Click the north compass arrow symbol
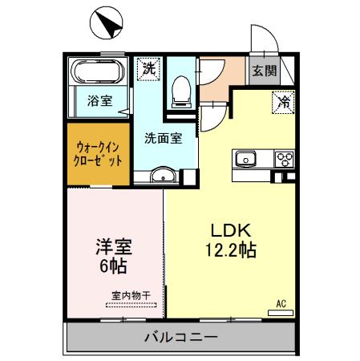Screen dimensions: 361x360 [x=107, y=24]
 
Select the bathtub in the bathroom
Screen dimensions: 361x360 [x=99, y=73]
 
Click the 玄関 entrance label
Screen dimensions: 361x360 [x=265, y=71]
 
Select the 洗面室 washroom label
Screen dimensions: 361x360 [x=163, y=137]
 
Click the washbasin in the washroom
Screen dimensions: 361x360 [x=164, y=176]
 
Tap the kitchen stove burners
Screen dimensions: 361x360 [x=285, y=159]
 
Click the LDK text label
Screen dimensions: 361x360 [x=229, y=229]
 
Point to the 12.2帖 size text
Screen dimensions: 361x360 [x=229, y=250]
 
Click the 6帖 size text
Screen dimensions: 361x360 [x=111, y=266]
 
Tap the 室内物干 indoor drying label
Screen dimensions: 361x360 [x=125, y=296]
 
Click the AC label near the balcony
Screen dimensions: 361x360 [x=281, y=302]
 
